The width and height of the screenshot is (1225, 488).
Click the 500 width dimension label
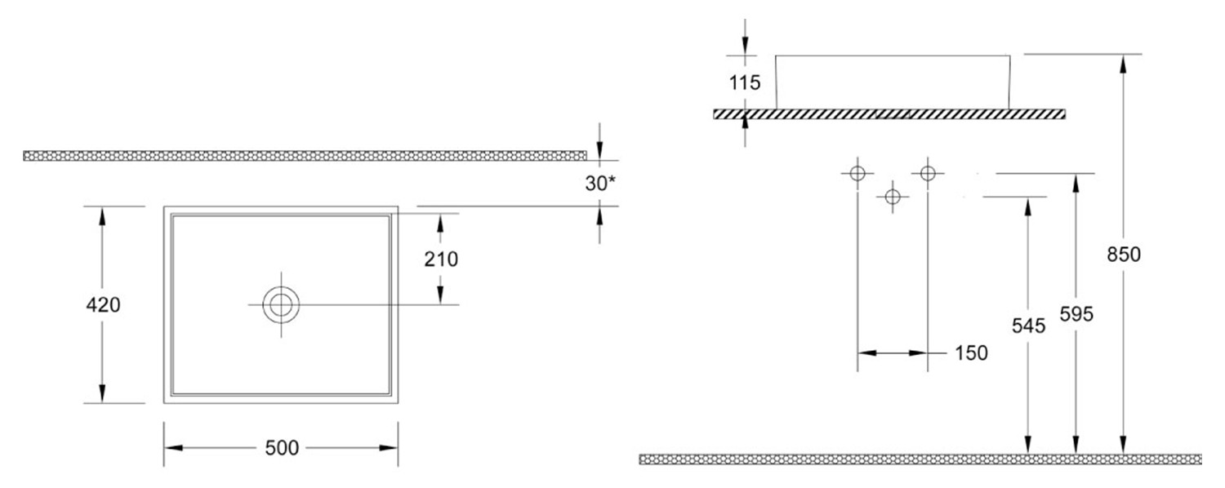(282, 448)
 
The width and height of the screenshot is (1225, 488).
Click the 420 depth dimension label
(103, 305)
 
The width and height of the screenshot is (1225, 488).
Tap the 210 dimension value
(441, 259)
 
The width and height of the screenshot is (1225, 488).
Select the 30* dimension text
(599, 184)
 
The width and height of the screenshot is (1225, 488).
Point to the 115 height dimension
(744, 82)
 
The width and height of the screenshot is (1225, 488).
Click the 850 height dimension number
(1123, 255)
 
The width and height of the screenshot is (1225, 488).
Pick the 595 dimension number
(1076, 314)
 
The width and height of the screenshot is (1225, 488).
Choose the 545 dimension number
(1028, 326)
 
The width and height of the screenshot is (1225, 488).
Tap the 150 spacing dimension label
(971, 353)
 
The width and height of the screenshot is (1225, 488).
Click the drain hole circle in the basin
(281, 305)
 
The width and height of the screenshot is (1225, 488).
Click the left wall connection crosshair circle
(857, 173)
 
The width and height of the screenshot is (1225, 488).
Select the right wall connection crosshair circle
(928, 173)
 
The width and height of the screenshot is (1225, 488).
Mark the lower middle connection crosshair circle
(893, 196)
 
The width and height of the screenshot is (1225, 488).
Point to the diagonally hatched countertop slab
(889, 114)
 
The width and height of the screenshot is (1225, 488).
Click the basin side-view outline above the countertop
(893, 82)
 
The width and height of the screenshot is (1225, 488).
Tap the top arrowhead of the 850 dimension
(1123, 63)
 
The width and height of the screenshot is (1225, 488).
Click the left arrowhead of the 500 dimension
(173, 448)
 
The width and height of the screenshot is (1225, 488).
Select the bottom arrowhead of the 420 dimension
(102, 394)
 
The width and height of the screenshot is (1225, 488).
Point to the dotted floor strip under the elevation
(920, 459)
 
